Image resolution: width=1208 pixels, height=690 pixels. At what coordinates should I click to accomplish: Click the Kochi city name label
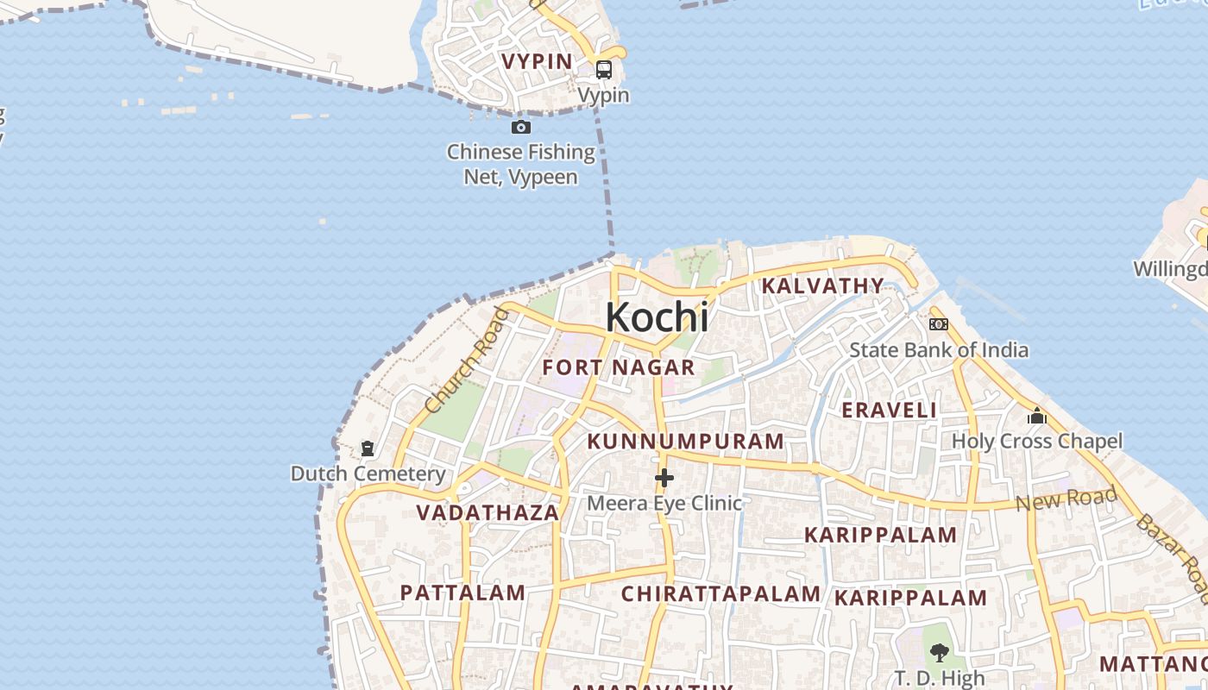[657, 317]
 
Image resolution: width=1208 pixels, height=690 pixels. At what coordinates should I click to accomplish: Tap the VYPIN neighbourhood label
[538, 61]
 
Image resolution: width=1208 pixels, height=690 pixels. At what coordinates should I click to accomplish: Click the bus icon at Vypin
[604, 70]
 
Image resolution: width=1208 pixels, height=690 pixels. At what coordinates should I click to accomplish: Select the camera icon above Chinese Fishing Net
[521, 128]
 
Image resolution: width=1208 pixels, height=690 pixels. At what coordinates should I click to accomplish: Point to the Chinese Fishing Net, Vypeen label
[520, 164]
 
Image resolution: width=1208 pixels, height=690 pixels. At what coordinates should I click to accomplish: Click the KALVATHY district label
[822, 285]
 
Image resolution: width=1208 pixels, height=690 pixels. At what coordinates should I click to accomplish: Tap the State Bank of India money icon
[939, 324]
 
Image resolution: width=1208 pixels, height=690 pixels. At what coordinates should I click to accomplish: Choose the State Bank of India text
[939, 349]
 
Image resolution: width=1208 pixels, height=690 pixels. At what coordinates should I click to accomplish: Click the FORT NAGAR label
[619, 367]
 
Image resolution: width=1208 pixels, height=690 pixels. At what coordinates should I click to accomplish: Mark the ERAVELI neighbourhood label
[889, 411]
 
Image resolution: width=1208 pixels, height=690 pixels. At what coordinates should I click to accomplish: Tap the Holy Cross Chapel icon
[1037, 417]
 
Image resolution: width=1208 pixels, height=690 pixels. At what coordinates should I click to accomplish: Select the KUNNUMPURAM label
[686, 442]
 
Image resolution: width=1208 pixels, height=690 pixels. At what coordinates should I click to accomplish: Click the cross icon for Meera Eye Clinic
[664, 477]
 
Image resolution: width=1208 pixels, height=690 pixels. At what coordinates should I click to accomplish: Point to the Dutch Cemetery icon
[368, 448]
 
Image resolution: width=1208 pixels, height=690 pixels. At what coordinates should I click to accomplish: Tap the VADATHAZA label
[488, 513]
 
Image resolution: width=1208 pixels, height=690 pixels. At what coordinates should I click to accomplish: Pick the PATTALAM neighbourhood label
[462, 593]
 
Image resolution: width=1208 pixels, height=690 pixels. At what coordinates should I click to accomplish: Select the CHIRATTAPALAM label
[720, 594]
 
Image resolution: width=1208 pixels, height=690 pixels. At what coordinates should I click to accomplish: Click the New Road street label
[1066, 499]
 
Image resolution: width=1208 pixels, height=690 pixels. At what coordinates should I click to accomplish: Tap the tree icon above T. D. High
[940, 653]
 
